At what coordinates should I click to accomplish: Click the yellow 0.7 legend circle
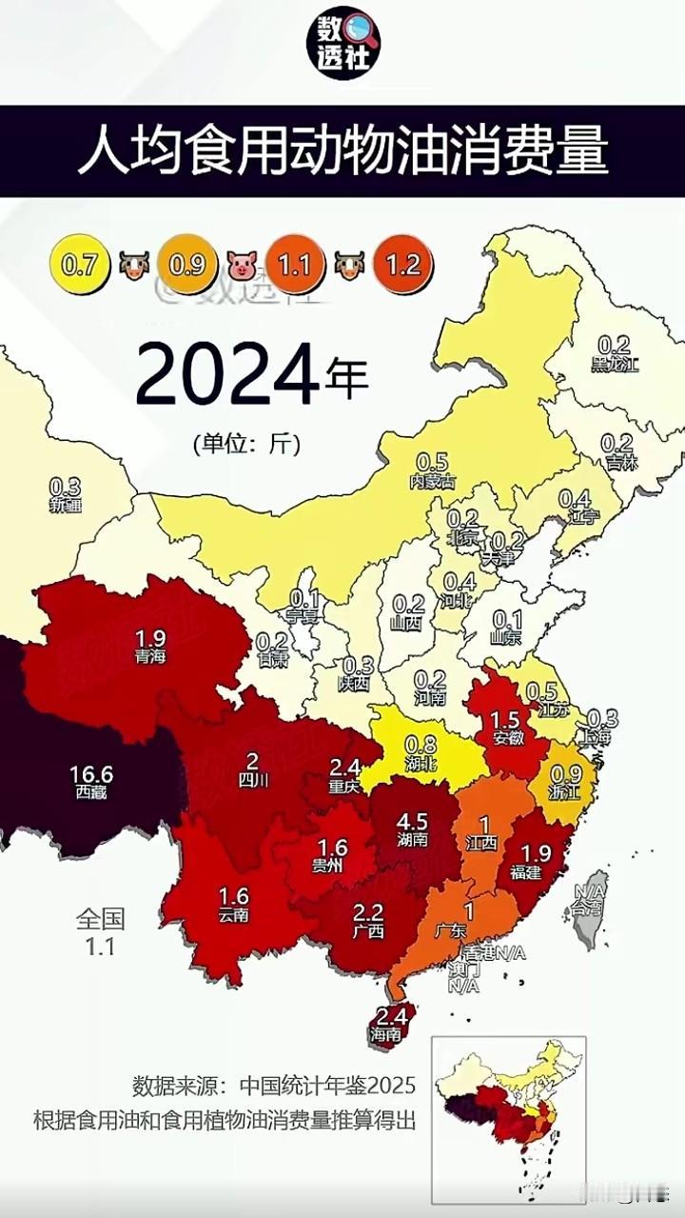pos(79,263)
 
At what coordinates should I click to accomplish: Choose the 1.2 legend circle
pos(403,263)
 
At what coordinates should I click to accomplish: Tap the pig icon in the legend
pos(242,264)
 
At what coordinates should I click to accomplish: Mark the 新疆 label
pos(66,506)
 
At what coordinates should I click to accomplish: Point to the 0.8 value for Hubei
pos(421,743)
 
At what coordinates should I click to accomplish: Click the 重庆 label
pos(344,787)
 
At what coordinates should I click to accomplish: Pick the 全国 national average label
pos(101,918)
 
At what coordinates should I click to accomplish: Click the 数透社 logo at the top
pos(343,44)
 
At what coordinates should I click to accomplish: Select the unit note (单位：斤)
pos(245,443)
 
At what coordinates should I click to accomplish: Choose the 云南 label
pos(234,915)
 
